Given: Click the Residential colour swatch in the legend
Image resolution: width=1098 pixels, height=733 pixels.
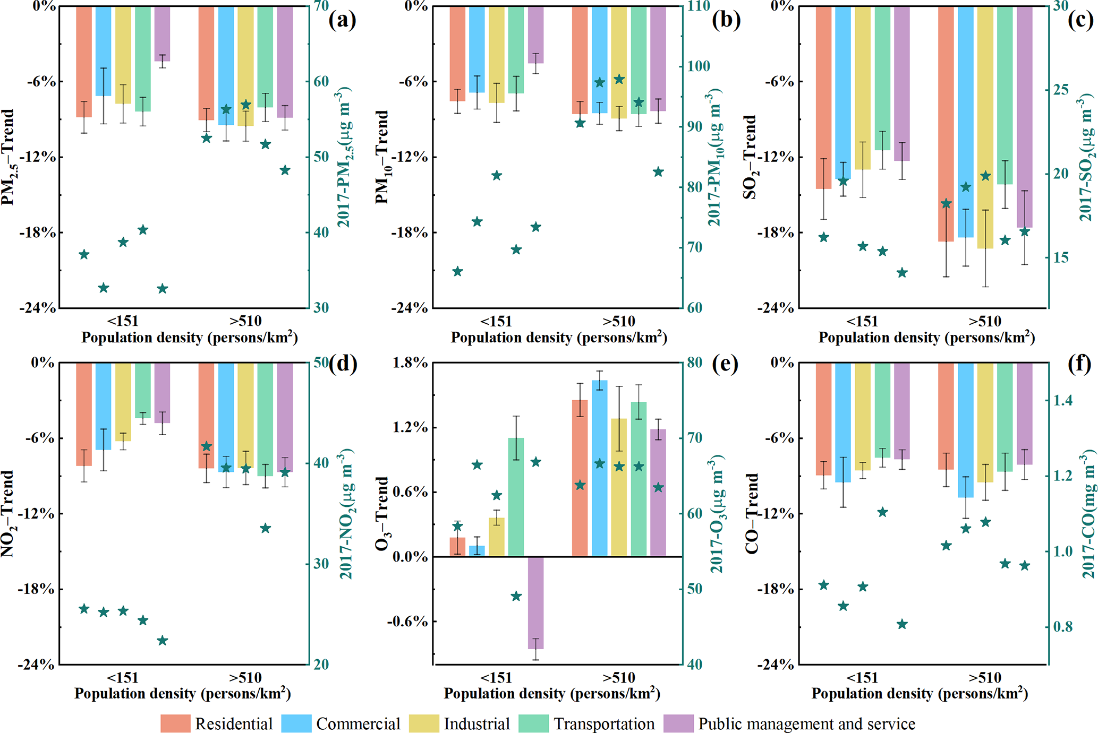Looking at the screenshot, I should point(175,723).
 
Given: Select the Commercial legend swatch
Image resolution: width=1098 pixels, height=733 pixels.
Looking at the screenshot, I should point(296,723).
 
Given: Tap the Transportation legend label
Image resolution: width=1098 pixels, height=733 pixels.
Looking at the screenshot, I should point(604,724).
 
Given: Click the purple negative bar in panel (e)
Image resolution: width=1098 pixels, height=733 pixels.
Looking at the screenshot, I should point(535,602).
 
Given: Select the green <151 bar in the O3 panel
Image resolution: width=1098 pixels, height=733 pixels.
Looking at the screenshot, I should point(516,497).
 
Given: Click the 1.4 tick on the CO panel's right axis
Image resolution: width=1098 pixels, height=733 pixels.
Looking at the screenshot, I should point(1063,400).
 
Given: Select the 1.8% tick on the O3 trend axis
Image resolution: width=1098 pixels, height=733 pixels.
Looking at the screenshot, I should point(410,363).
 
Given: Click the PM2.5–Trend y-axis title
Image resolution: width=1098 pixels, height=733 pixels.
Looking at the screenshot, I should point(9,157).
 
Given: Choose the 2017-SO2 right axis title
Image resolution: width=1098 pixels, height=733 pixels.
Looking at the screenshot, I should point(1087,157).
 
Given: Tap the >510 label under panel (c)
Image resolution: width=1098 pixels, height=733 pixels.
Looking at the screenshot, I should point(985,321).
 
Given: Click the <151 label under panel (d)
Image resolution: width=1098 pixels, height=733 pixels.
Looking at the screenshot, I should point(123,678).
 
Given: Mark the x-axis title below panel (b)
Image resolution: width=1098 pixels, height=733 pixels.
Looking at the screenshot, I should point(559,338).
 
